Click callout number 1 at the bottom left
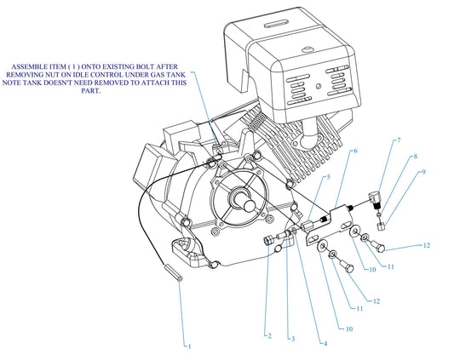coord(189,346)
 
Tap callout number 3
coord(291,338)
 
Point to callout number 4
coord(324,343)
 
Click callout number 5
coord(327,177)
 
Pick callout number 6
coord(354,151)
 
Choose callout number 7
coord(397,140)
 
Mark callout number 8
coord(415,157)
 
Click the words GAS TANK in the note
coord(173,73)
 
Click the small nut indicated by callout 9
coord(382,226)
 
